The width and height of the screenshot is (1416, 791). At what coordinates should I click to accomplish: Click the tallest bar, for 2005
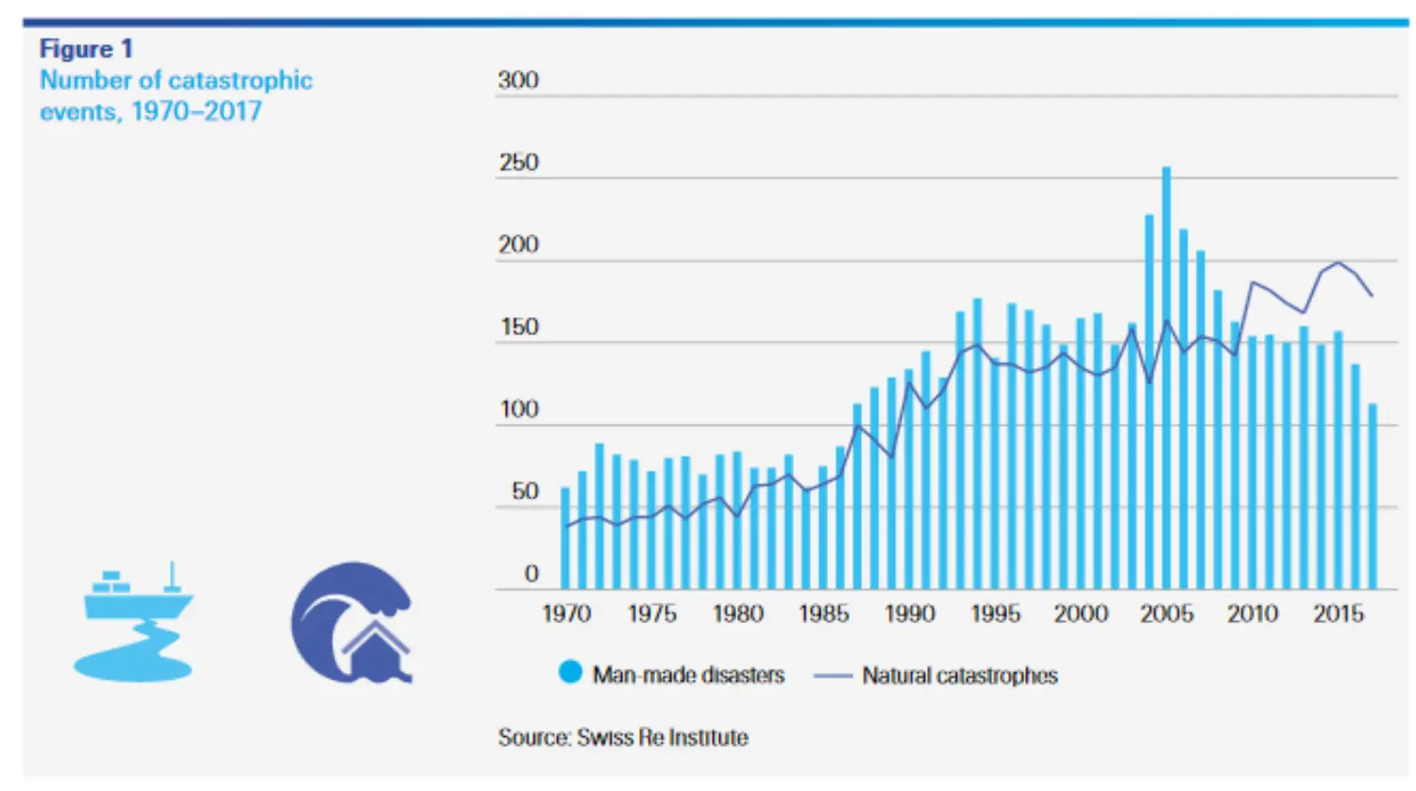click(1166, 378)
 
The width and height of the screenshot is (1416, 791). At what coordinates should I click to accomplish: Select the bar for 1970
click(565, 538)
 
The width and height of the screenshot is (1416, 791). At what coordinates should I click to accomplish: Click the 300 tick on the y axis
click(518, 80)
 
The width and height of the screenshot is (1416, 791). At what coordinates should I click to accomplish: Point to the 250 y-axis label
click(518, 162)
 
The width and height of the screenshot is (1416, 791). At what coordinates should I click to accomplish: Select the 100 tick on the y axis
click(518, 410)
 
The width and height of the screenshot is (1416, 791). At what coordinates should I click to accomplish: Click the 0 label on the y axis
click(531, 574)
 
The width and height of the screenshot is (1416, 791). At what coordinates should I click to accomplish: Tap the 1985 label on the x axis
click(823, 614)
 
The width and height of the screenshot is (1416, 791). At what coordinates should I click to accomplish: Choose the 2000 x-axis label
click(1081, 614)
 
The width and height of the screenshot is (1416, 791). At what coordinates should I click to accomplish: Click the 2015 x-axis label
click(1338, 614)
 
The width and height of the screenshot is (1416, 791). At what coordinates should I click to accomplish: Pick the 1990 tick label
click(909, 614)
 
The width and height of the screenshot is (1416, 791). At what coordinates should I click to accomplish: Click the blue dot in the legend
click(570, 673)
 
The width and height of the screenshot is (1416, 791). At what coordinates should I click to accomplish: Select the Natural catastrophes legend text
click(959, 676)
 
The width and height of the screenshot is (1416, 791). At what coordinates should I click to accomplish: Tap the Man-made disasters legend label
click(688, 676)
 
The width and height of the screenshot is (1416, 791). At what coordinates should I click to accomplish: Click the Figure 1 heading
click(86, 49)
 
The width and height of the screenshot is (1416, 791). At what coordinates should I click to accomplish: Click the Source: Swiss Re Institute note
click(623, 737)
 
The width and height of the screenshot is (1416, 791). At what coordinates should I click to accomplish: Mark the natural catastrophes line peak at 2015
click(1338, 262)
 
